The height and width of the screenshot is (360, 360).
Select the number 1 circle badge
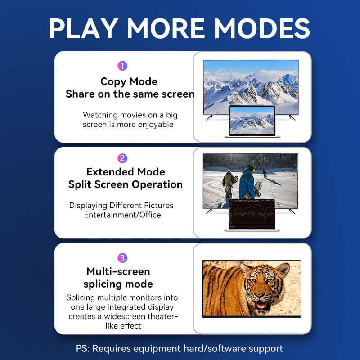click(x=122, y=66)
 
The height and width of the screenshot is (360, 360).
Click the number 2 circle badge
click(x=122, y=158)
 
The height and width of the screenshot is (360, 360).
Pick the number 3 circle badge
click(x=122, y=258)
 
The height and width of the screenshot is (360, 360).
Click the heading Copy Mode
click(x=129, y=81)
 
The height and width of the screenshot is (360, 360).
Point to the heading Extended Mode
click(x=126, y=172)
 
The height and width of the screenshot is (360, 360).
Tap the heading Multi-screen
click(x=118, y=271)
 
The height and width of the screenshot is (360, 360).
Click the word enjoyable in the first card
click(x=152, y=125)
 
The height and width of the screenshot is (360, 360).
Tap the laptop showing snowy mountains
click(x=252, y=121)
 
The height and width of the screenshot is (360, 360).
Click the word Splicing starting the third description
click(x=82, y=297)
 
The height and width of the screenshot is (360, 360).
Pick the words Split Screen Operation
click(x=126, y=184)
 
